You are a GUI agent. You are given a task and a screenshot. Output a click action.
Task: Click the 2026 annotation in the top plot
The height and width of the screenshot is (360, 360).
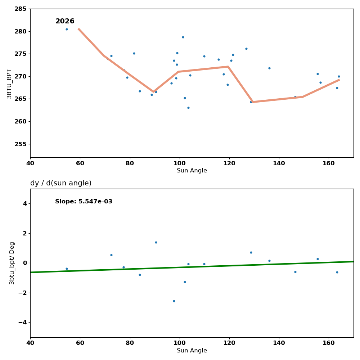click(x=65, y=21)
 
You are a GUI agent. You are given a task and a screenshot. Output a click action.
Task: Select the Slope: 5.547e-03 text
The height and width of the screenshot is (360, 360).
click(x=84, y=202)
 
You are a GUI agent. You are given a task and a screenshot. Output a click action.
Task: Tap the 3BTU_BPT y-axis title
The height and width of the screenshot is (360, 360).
click(x=9, y=84)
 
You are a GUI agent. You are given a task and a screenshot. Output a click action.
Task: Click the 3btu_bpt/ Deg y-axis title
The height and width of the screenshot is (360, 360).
click(x=12, y=263)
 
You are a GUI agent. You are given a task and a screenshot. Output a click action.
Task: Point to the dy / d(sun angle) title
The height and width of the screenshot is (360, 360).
click(x=61, y=183)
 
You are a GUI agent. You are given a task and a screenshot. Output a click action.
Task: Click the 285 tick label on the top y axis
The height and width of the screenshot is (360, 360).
click(x=20, y=9)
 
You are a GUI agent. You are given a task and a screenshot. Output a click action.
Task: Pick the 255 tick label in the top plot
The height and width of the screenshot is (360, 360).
click(x=20, y=144)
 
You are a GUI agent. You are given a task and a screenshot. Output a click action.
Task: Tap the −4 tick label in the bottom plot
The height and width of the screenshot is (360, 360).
click(x=22, y=322)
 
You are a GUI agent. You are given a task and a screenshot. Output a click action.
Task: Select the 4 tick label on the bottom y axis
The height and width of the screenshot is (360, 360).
click(x=24, y=203)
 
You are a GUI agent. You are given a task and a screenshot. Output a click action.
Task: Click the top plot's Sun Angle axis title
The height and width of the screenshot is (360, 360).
click(x=192, y=171)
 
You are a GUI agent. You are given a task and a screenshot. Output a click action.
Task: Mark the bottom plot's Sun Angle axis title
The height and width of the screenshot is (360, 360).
click(x=192, y=351)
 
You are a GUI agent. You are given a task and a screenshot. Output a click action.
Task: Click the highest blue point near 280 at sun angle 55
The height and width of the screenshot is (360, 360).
click(x=67, y=29)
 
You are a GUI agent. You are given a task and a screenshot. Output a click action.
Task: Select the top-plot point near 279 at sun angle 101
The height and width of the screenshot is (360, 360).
click(x=183, y=37)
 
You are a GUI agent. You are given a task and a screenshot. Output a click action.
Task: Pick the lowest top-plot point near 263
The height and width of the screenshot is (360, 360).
click(x=188, y=108)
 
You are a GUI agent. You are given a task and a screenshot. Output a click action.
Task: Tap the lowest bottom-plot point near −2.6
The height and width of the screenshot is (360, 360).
click(x=174, y=301)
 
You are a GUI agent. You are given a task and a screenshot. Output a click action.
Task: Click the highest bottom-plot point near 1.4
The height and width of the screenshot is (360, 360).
click(x=156, y=242)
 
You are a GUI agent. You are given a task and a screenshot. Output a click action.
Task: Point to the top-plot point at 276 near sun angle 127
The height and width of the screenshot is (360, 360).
click(x=246, y=49)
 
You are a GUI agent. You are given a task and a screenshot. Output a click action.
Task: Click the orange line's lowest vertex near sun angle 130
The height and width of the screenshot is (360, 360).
click(x=252, y=102)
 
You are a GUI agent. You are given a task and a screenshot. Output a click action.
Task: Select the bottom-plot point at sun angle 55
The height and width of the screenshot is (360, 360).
click(x=67, y=269)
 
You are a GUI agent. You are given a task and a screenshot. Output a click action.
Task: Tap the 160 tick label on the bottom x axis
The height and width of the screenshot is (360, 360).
click(x=329, y=343)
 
